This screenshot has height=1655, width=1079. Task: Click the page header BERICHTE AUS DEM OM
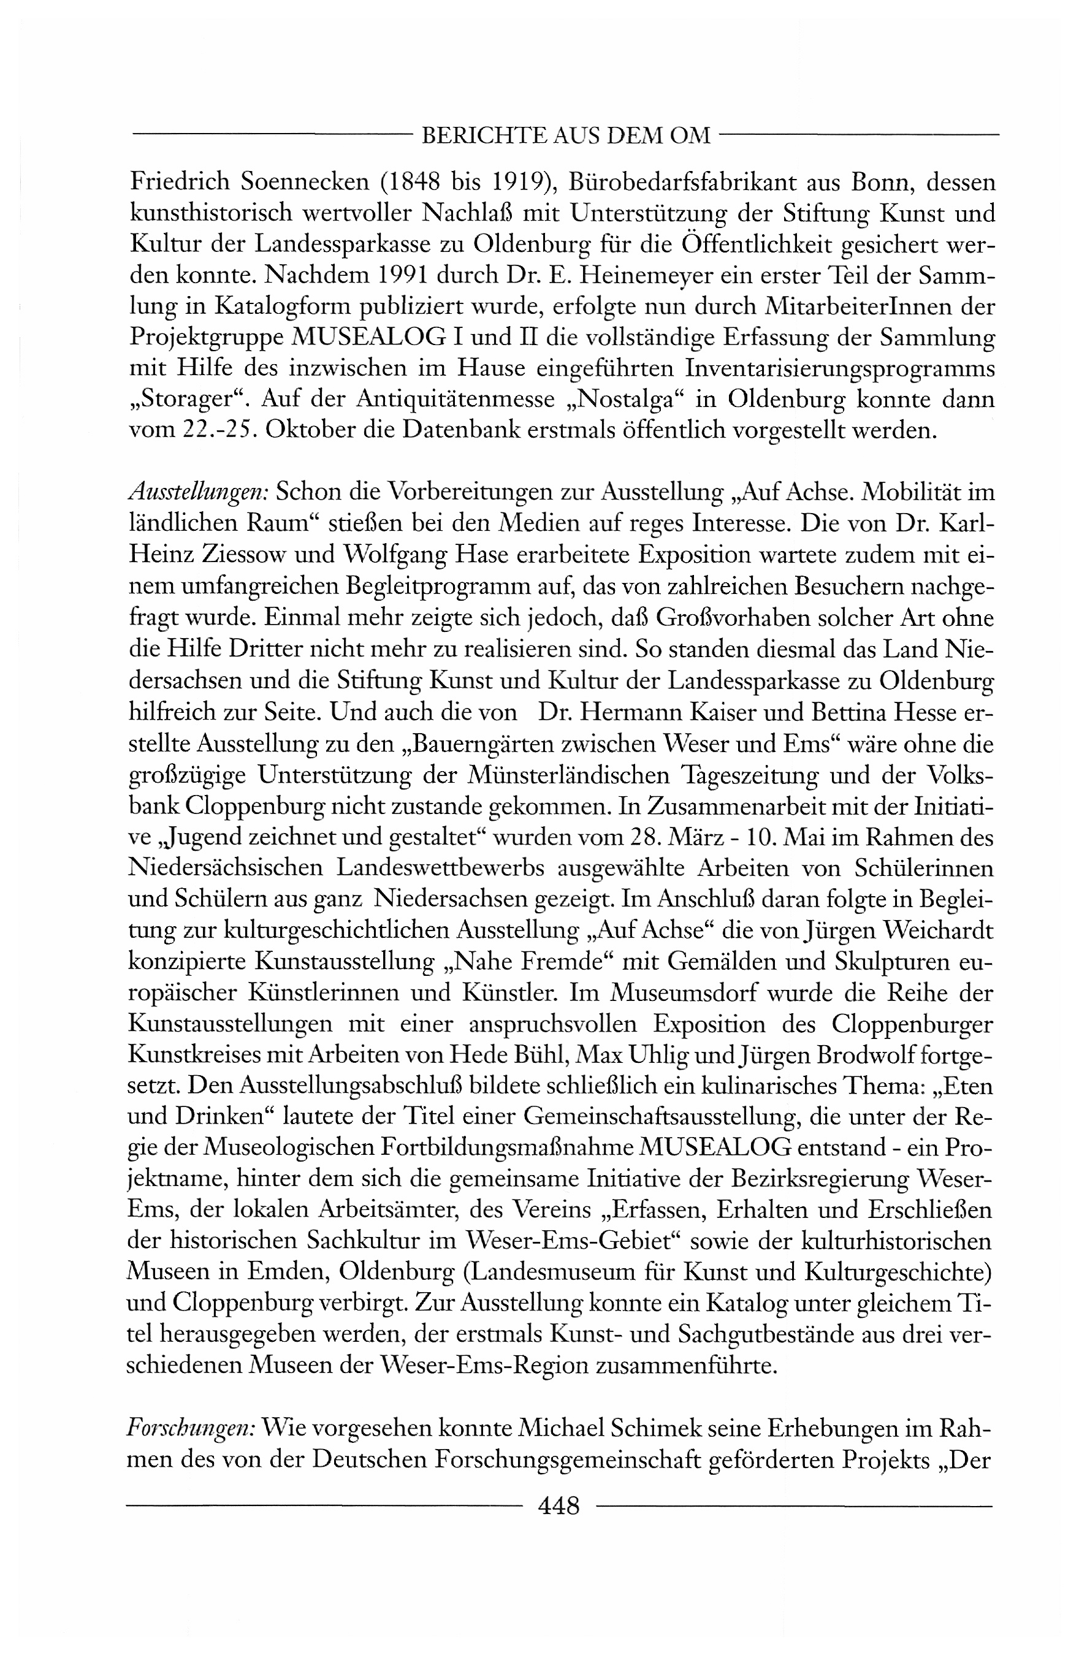[x=566, y=135]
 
